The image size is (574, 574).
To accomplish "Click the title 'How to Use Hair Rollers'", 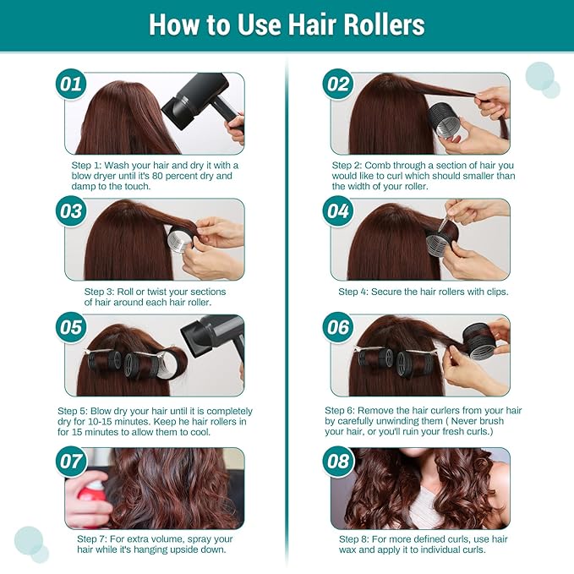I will [287, 25].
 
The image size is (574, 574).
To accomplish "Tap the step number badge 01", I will [72, 85].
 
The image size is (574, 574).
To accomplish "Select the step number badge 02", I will [338, 85].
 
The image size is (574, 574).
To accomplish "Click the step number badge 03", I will [72, 211].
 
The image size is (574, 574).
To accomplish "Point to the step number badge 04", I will [338, 211].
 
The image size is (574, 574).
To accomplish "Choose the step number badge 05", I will [72, 327].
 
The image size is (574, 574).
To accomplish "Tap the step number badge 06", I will [338, 327].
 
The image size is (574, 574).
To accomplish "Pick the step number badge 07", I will [72, 461].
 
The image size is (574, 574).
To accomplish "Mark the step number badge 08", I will [338, 461].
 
